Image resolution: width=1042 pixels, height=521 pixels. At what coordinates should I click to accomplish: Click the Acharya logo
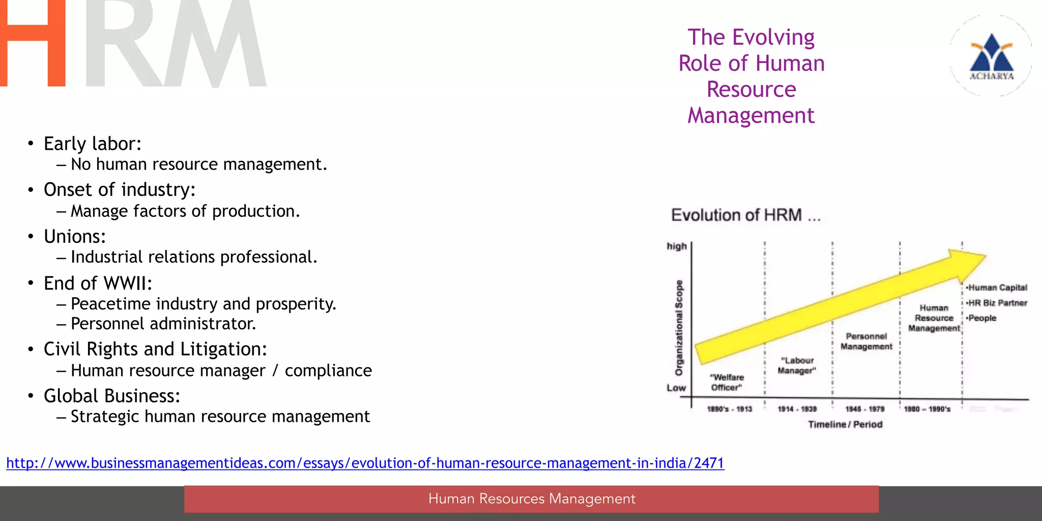[x=991, y=56]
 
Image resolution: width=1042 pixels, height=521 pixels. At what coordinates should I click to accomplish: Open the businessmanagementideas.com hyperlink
[x=365, y=463]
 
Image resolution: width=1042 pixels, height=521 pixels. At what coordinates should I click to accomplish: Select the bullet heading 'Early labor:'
[x=92, y=144]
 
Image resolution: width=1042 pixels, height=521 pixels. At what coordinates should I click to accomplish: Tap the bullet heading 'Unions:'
[x=75, y=237]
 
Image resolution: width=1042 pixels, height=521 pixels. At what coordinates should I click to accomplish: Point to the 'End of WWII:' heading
[x=98, y=283]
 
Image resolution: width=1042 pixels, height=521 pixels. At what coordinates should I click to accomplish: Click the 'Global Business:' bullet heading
[x=112, y=396]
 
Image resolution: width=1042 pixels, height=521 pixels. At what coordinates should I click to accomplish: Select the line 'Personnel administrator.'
[x=163, y=324]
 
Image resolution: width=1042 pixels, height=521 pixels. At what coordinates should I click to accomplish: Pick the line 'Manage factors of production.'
[x=185, y=211]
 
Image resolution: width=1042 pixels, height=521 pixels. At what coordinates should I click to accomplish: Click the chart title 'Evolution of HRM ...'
[x=746, y=215]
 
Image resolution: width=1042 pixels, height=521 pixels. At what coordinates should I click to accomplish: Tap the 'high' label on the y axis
[x=677, y=246]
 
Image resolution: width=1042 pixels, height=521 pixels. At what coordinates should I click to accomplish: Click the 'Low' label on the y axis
[x=676, y=388]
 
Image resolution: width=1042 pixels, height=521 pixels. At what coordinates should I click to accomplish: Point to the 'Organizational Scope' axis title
[x=679, y=328]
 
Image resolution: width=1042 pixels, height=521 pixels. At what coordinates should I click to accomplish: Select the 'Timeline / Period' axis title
[x=845, y=424]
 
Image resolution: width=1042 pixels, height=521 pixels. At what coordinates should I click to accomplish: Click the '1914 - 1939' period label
[x=797, y=409]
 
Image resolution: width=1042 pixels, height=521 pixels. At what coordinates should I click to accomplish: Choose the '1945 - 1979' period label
[x=865, y=409]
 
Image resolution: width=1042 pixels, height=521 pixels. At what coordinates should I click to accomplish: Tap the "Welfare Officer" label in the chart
[x=727, y=383]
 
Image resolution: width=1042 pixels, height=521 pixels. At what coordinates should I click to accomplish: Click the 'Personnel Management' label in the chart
[x=866, y=341]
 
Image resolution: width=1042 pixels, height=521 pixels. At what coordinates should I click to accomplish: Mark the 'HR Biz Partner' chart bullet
[x=997, y=303]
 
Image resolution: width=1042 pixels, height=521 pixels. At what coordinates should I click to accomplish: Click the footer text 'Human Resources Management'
[x=532, y=499]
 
